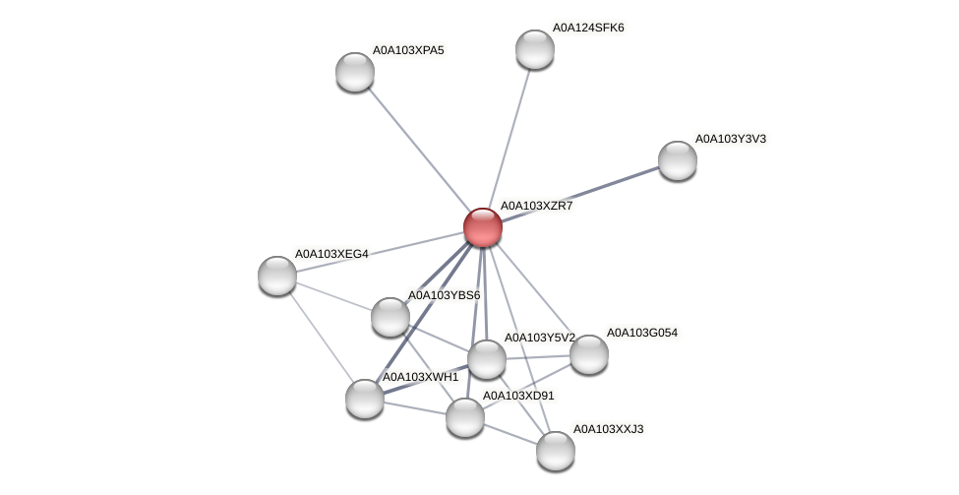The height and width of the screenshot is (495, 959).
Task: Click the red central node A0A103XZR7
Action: click(x=482, y=227)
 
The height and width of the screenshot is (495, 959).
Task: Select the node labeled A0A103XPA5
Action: click(x=355, y=72)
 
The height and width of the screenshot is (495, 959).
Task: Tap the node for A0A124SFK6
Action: click(x=535, y=49)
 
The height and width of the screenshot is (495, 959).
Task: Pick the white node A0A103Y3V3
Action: click(x=677, y=160)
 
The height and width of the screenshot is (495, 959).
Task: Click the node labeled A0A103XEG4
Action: click(x=277, y=276)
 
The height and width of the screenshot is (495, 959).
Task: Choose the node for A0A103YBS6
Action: click(x=390, y=317)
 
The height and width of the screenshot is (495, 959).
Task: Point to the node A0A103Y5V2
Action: click(x=486, y=359)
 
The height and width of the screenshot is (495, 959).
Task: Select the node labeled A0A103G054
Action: click(x=589, y=354)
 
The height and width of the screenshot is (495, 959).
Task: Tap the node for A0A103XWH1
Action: click(x=365, y=398)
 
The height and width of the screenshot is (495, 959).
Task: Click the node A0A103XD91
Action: click(x=465, y=417)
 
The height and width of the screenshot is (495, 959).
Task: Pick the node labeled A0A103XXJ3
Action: click(x=556, y=451)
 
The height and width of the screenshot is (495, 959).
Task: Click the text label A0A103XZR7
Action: click(x=536, y=206)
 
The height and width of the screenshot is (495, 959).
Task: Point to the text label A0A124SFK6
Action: click(x=588, y=28)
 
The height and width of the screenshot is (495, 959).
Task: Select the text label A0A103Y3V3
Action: click(x=730, y=139)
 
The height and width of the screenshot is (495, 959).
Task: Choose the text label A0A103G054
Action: click(x=641, y=333)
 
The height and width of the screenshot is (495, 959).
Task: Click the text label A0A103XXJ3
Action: click(x=608, y=429)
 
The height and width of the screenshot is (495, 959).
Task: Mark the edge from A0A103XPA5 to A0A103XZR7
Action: click(x=418, y=150)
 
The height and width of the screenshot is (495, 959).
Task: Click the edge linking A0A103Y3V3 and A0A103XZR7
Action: click(x=579, y=194)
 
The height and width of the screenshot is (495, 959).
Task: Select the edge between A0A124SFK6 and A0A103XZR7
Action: click(x=509, y=138)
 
